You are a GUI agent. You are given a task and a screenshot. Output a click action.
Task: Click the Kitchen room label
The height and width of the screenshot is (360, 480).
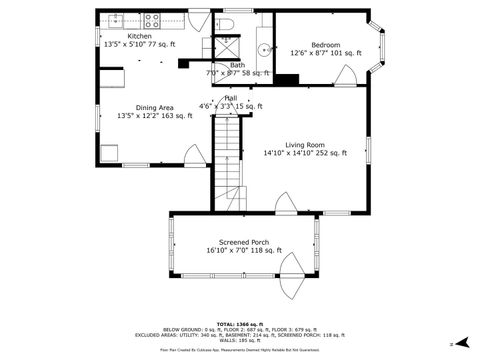[x=140, y=36]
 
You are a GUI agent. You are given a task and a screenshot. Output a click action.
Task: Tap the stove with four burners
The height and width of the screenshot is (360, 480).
[x=153, y=18]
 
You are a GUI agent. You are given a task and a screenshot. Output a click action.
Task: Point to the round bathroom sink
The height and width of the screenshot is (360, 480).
[x=264, y=47]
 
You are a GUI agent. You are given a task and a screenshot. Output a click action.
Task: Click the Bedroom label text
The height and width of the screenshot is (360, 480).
[x=326, y=45]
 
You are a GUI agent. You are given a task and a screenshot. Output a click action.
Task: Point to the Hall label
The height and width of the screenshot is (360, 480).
[x=230, y=98]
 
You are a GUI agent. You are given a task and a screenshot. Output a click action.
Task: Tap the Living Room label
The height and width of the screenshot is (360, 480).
[x=305, y=145]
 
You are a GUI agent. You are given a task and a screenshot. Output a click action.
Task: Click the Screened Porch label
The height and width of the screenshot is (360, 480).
[x=244, y=243]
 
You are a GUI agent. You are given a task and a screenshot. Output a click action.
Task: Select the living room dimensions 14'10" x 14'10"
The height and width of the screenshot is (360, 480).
[x=305, y=154]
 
